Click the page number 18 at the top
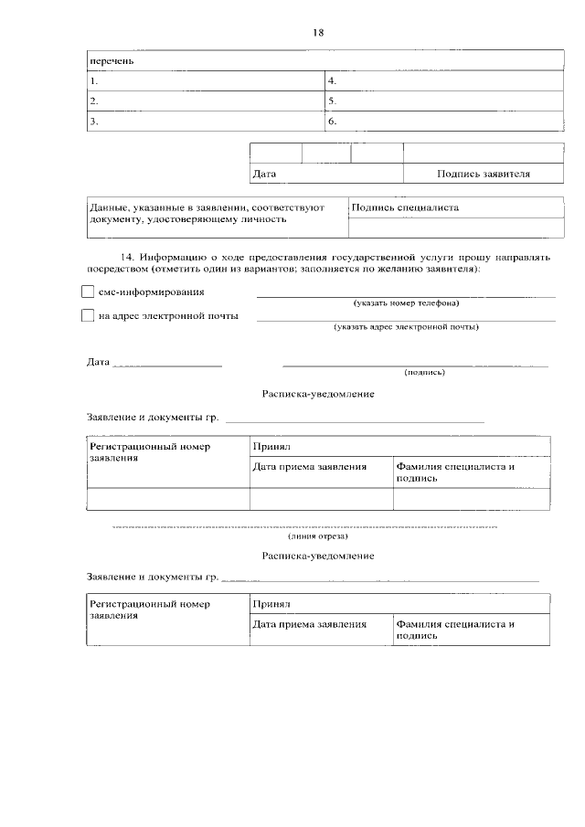[x=318, y=33]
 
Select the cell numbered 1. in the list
[x=207, y=81]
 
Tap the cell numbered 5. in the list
[x=443, y=101]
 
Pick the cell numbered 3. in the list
[x=207, y=121]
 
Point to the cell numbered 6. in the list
[x=443, y=121]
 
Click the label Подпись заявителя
[x=483, y=173]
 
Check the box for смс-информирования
[x=88, y=292]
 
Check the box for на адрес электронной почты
[x=88, y=316]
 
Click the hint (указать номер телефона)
[x=406, y=302]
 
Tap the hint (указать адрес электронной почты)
[x=406, y=326]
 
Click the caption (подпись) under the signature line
[x=424, y=372]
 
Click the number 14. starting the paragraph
[x=129, y=258]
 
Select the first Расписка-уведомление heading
[x=317, y=394]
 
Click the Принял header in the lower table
[x=271, y=604]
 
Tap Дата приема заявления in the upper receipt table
[x=310, y=466]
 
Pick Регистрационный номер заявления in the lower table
[x=149, y=610]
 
